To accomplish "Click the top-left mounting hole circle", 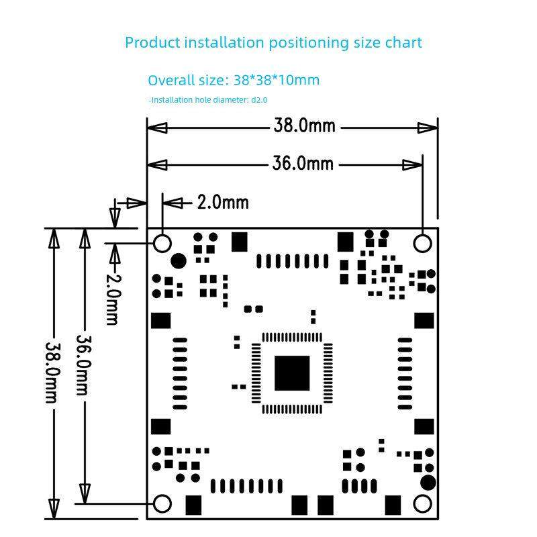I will pos(162,242).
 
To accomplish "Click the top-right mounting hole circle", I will pos(422,242).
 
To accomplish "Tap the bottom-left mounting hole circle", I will pos(162,503).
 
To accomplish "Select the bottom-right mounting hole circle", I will pos(422,503).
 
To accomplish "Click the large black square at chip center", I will pos(292,373).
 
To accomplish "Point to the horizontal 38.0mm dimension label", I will pos(303,126).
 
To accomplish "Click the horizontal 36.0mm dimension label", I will pos(303,163).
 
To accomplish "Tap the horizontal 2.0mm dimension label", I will pos(222,202).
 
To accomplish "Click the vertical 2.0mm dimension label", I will pos(113,297).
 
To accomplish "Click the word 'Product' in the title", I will pos(152,42).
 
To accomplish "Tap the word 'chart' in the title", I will pos(403,42).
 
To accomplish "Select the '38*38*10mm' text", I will pos(277,80).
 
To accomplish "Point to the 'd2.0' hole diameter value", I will pos(259,100).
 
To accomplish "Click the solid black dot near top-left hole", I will pos(179,260).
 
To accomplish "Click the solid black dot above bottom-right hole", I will pos(427,482).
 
